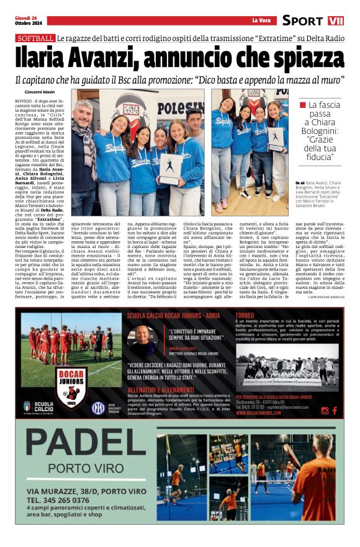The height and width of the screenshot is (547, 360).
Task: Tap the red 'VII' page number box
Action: point(336,20)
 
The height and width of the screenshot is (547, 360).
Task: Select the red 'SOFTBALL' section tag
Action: point(35,38)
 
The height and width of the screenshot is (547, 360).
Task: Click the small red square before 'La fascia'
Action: point(303,105)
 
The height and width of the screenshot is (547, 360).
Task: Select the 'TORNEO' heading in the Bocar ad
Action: point(245,314)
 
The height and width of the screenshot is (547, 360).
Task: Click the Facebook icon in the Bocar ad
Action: point(335,411)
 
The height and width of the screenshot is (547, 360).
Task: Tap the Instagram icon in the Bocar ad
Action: point(325,411)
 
